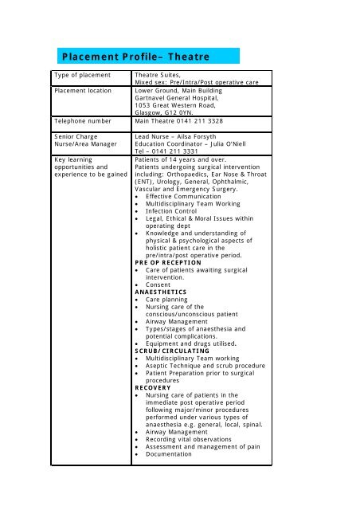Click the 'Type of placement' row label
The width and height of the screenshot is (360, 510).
click(x=86, y=75)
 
